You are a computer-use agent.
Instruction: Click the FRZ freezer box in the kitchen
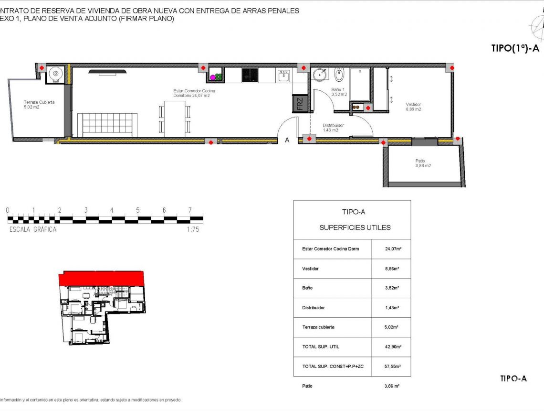point(299,104)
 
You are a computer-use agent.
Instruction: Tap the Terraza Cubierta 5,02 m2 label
point(39,105)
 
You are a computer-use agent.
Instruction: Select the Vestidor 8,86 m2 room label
point(413,107)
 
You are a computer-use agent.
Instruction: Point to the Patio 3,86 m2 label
point(423,163)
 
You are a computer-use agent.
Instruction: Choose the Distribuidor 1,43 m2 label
point(333,128)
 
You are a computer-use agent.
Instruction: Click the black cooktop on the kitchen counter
point(250,75)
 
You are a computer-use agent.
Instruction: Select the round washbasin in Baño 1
point(320,75)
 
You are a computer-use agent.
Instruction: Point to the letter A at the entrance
point(287,141)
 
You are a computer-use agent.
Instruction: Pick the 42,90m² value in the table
point(393,347)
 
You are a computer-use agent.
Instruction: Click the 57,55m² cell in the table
point(393,367)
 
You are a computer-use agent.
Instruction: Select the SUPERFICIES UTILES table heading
point(355,227)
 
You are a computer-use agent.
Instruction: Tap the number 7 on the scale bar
point(190,210)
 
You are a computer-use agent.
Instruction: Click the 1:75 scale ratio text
point(192,229)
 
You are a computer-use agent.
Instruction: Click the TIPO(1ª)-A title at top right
point(515,48)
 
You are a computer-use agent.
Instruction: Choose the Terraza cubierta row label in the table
point(318,327)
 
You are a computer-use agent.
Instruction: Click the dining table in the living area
point(175,119)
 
